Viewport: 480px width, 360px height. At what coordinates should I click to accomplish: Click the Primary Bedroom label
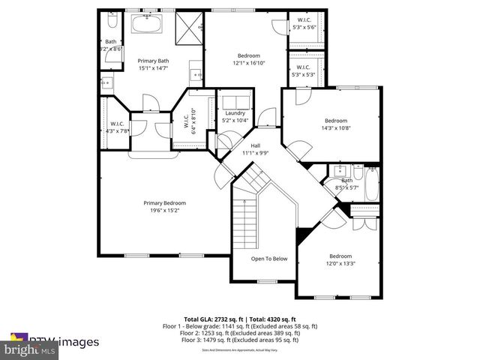point(165,202)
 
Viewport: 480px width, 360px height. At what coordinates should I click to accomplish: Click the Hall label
point(256,145)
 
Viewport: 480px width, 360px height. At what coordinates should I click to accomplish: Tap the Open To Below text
point(269,259)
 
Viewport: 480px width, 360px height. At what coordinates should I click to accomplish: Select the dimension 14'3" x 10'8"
point(336,128)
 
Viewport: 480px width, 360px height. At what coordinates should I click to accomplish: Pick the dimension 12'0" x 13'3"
point(340,263)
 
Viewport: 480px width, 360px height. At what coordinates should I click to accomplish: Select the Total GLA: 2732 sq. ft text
point(214,319)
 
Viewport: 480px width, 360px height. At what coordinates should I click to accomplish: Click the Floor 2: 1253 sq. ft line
point(240,333)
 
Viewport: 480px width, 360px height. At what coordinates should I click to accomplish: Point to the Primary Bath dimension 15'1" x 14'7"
point(152,68)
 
